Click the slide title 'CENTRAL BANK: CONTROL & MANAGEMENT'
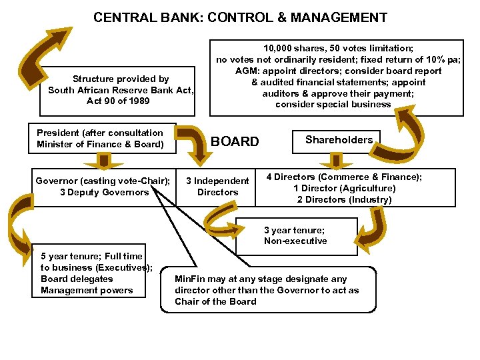click(x=240, y=17)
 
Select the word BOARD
click(x=235, y=141)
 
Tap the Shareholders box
click(x=339, y=139)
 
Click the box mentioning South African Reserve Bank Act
click(x=121, y=90)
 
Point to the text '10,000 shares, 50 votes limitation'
click(x=338, y=49)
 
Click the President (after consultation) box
click(x=101, y=139)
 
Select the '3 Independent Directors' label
click(x=217, y=187)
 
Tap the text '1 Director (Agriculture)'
click(x=344, y=189)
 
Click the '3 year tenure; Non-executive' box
click(x=295, y=235)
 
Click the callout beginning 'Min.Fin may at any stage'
click(x=267, y=290)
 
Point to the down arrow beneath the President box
click(x=103, y=161)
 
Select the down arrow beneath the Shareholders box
click(x=331, y=161)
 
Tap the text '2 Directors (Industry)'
click(x=344, y=200)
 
